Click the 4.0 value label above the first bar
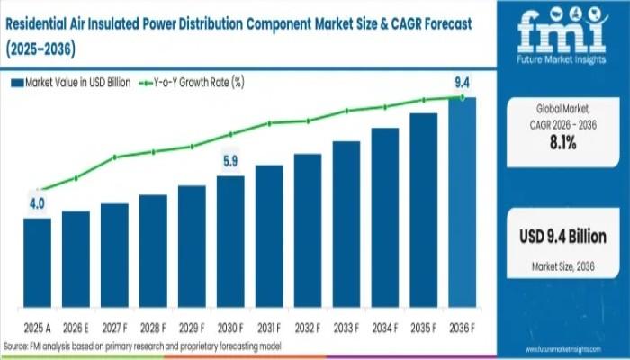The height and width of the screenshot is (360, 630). (x=37, y=204)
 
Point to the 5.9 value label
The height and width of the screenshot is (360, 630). (x=230, y=162)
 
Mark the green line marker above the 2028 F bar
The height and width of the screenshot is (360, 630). (x=153, y=152)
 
